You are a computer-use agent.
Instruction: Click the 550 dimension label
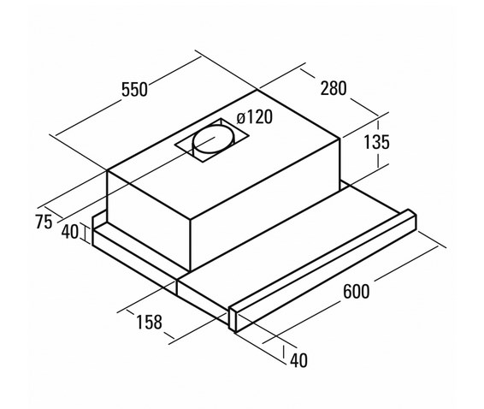pos(134,90)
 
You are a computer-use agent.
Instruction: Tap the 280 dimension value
pos(333,88)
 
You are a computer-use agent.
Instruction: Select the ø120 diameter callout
pos(255,117)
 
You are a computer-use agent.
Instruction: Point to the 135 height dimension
pos(376,142)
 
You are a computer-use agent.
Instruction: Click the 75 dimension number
pos(44,222)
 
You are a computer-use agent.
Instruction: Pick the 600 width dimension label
pos(356,291)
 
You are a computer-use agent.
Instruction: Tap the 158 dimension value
pos(149,322)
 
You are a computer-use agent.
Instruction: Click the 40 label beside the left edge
pos(70,232)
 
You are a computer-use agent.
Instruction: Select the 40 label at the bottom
pos(298,360)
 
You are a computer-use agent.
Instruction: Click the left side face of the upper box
pos(149,221)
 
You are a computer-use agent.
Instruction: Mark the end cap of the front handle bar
pos(233,320)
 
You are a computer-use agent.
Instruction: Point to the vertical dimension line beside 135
pos(378,144)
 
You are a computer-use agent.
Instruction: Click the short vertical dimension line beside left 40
pos(85,233)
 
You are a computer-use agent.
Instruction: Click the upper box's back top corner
pos(257,90)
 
